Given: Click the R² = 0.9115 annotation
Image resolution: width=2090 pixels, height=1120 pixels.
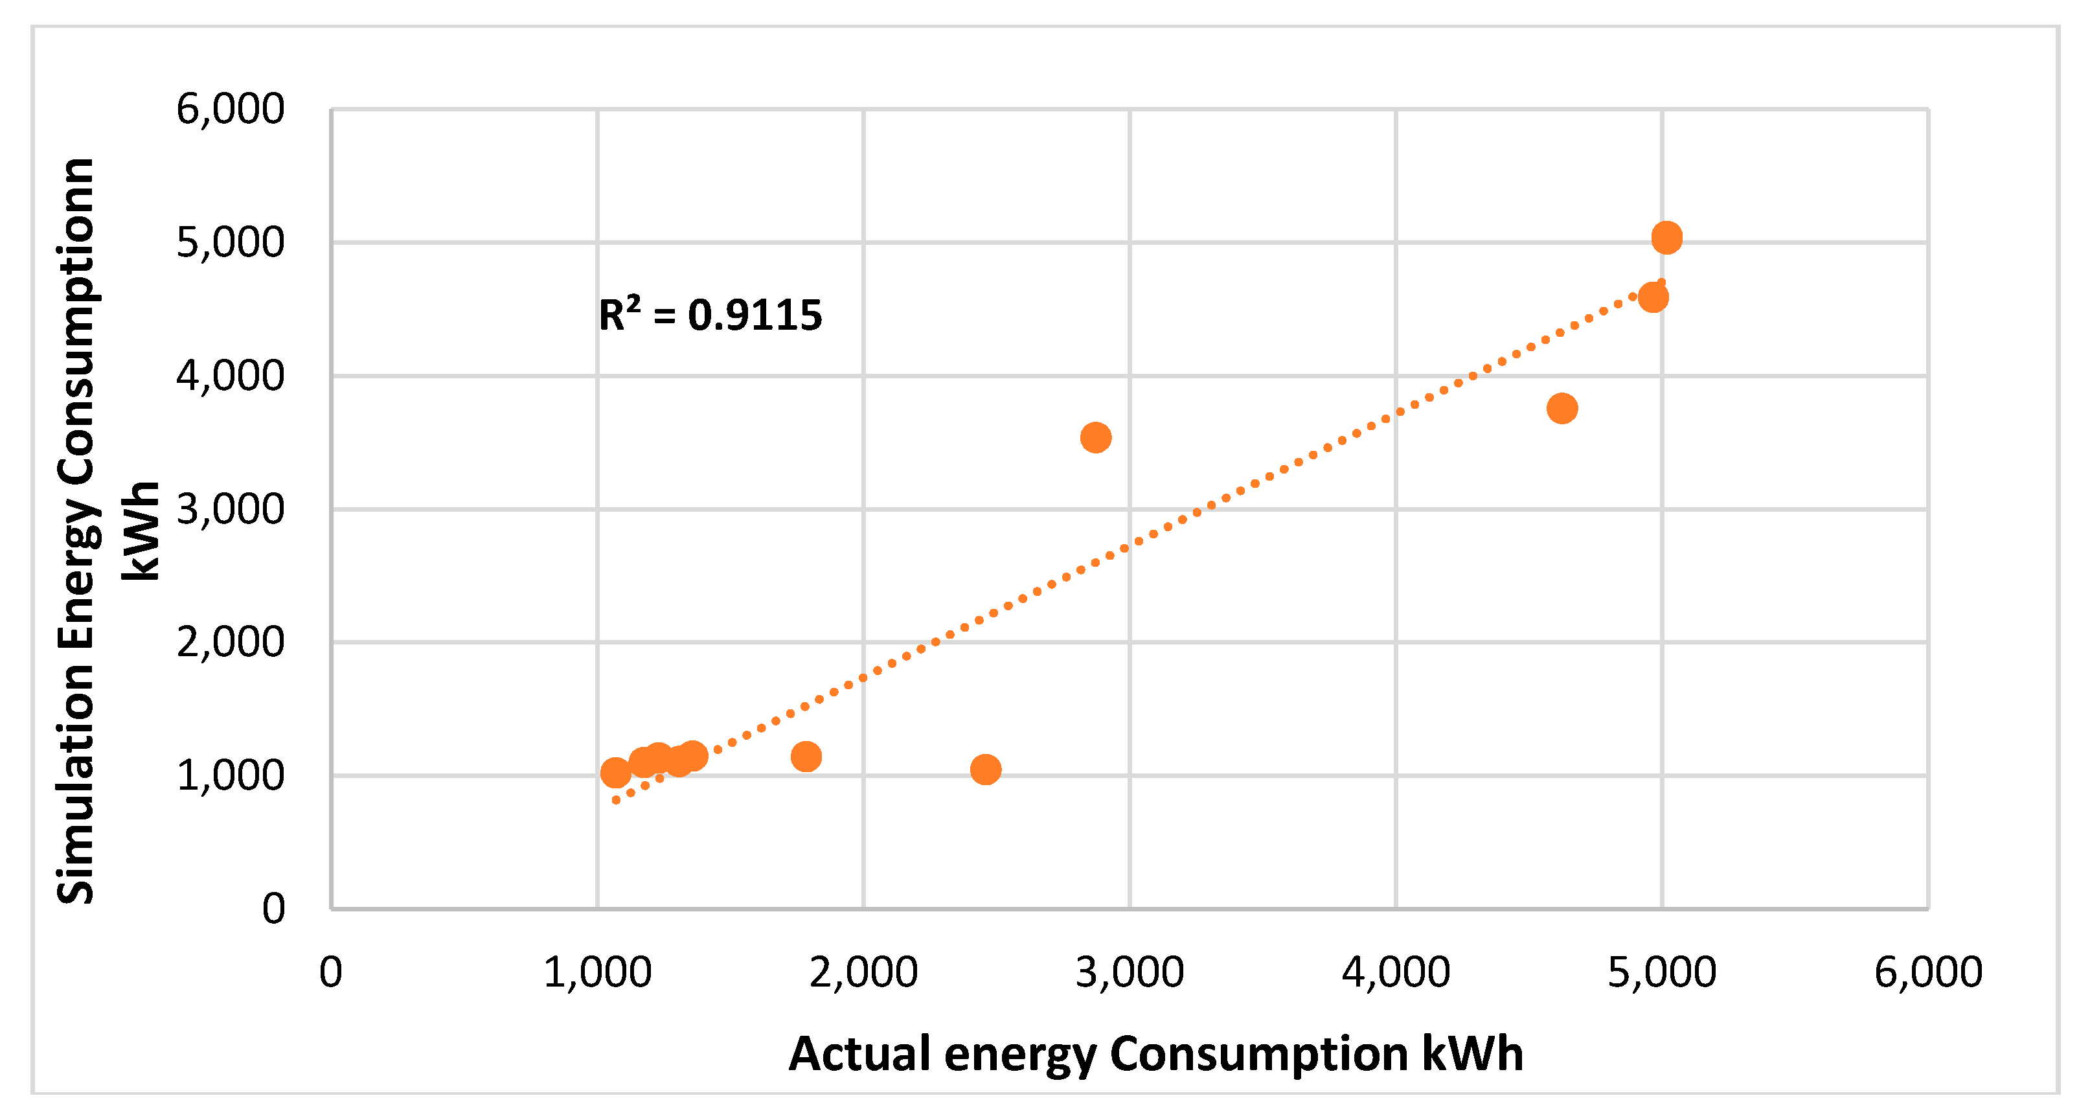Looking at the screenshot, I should tap(710, 315).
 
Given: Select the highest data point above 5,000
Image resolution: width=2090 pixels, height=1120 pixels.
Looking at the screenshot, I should tap(1666, 238).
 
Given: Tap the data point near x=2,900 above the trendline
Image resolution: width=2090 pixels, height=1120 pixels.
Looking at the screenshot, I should tap(1095, 437).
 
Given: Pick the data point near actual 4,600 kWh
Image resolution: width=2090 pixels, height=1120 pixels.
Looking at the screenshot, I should tap(1562, 408).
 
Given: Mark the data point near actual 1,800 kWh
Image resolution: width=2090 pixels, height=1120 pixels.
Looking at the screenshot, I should tap(806, 757).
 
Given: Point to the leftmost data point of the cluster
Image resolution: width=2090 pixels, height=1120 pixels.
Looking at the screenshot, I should tap(616, 773).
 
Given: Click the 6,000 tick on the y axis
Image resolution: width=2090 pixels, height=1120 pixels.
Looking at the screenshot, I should tap(231, 109).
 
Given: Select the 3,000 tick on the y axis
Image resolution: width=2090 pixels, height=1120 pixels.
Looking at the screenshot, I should tap(231, 510).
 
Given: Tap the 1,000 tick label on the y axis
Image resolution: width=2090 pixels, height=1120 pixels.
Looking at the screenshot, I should tap(231, 776).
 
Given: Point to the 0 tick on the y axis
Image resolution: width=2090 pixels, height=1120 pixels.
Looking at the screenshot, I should tap(273, 909).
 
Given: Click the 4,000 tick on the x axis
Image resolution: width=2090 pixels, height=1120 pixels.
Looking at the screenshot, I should tap(1396, 972).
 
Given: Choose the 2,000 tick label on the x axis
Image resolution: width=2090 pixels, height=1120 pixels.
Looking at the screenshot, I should tap(863, 972).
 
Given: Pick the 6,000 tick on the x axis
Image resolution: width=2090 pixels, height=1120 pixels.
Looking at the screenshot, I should tap(1927, 972).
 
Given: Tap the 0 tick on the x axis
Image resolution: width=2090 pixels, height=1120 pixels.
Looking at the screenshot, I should tap(330, 972).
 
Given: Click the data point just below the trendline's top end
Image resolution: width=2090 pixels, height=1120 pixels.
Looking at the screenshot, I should tap(1653, 297).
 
